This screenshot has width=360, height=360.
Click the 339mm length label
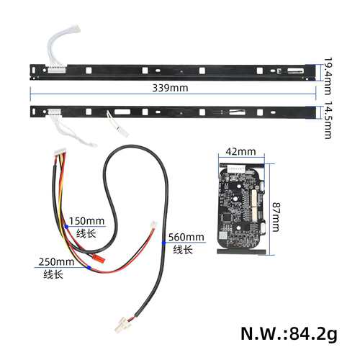[x=170, y=88]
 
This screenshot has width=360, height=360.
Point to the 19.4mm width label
[x=328, y=76]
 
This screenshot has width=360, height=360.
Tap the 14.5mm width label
[x=328, y=120]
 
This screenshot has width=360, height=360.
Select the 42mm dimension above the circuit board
[x=240, y=151]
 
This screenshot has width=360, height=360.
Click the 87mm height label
[x=276, y=217]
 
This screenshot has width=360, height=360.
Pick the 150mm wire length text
[x=86, y=221]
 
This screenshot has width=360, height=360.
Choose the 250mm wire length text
[x=56, y=261]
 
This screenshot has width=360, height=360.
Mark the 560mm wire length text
[x=186, y=237]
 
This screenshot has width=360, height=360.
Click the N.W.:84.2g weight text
[x=289, y=333]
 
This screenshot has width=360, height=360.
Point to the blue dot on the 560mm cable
[x=164, y=243]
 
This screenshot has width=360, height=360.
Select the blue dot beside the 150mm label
[x=66, y=227]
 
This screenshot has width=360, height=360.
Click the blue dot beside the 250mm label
[x=89, y=268]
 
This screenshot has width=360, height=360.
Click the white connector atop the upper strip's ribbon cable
[x=75, y=28]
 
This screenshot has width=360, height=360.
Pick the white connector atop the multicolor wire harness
[x=60, y=151]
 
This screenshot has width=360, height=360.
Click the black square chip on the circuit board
[x=227, y=217]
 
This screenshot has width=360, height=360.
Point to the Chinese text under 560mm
[x=183, y=250]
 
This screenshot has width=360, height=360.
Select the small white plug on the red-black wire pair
[x=153, y=225]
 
